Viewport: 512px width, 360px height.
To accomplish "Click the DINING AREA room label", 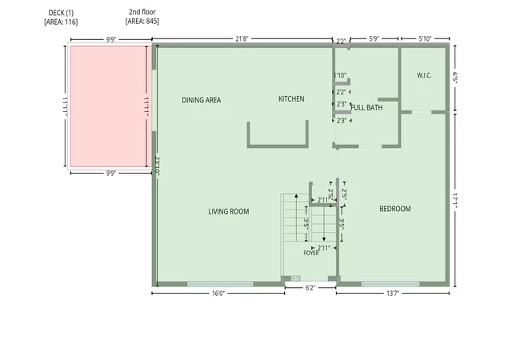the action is coord(201,100).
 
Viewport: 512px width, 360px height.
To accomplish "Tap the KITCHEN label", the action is coord(291,98).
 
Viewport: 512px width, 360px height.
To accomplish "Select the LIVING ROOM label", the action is coord(229,211).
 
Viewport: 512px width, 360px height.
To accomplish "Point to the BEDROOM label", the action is coord(394,209).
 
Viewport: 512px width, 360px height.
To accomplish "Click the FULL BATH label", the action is coord(366,107).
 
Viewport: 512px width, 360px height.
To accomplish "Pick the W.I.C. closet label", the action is coord(424,75).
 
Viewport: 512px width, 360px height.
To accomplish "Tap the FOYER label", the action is coord(311,253).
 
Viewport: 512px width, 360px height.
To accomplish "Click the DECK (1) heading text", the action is coord(61,13).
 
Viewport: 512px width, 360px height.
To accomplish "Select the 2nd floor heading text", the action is coord(142,12).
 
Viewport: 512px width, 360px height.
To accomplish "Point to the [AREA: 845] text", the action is coord(142,22).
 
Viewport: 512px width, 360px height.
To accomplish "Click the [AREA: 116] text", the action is coord(61,22).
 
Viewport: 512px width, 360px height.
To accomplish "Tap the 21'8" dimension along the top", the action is coord(242,39).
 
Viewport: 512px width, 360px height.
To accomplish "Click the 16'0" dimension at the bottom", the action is coord(218,294).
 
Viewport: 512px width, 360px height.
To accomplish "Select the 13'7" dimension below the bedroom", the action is coord(393,294).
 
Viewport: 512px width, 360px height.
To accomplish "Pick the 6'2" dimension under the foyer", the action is coord(310,288).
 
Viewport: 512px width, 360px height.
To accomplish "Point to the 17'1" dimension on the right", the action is coord(455,201).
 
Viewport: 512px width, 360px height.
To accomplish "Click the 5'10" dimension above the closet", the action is coord(425,39).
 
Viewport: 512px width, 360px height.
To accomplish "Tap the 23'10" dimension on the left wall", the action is coord(157,166).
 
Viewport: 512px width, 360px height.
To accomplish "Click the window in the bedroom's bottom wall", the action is coord(390,284).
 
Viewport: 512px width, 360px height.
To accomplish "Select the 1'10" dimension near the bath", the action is coord(340,75).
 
